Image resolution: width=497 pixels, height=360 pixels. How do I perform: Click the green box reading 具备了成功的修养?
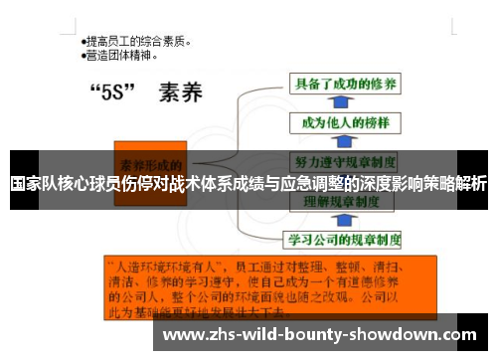click(343, 84)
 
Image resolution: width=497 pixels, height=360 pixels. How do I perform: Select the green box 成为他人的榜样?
click(339, 122)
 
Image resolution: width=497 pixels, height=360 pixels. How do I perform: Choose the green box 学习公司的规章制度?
click(344, 239)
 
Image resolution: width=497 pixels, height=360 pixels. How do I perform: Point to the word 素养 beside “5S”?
click(180, 95)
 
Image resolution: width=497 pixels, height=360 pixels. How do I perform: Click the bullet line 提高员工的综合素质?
click(139, 43)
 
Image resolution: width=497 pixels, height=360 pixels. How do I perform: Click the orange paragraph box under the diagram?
click(269, 288)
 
